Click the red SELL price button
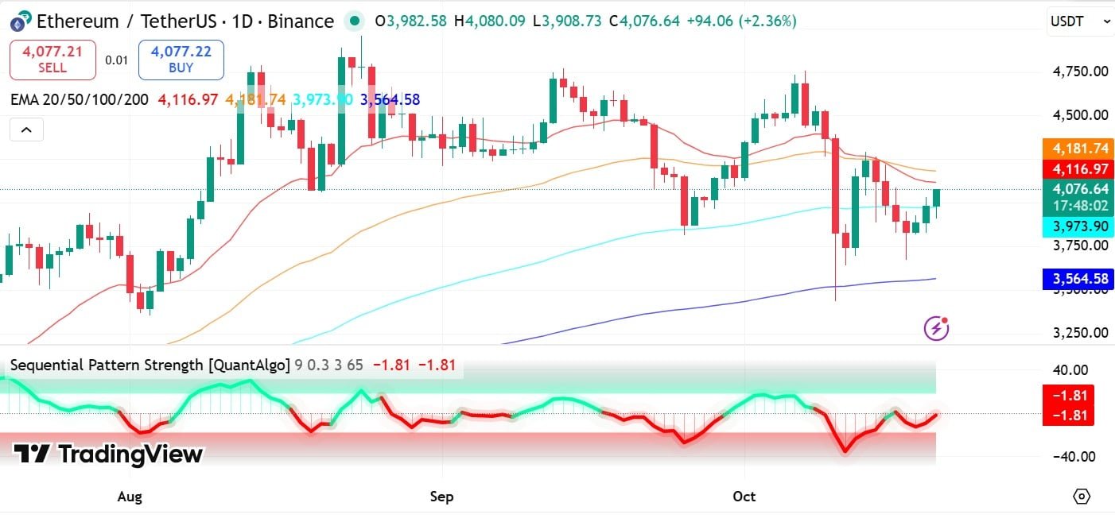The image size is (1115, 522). click(x=52, y=60)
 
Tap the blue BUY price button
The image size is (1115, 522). click(x=181, y=60)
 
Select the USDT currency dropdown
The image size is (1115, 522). click(x=1078, y=21)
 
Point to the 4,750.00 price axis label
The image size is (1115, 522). click(x=1079, y=72)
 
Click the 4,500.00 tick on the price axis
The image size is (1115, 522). click(x=1079, y=115)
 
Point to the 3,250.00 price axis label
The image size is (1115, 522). click(x=1079, y=333)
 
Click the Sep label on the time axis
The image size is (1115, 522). click(x=441, y=497)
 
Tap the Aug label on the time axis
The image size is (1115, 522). click(x=130, y=497)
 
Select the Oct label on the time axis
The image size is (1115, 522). click(x=744, y=497)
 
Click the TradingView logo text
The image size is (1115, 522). click(x=109, y=454)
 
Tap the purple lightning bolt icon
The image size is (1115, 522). click(x=936, y=327)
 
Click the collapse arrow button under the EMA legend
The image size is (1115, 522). click(x=26, y=130)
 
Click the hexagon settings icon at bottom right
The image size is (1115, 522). click(x=1081, y=497)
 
